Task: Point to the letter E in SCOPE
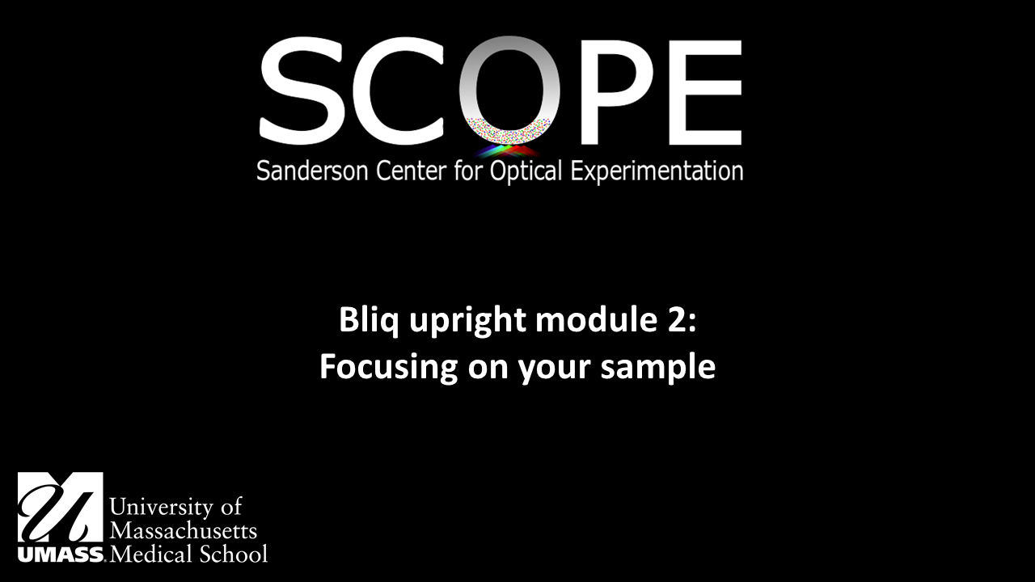click(x=700, y=91)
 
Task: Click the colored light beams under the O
click(x=508, y=150)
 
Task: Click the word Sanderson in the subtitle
click(x=306, y=171)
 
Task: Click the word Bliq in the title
click(x=365, y=321)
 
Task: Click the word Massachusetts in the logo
click(x=183, y=531)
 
